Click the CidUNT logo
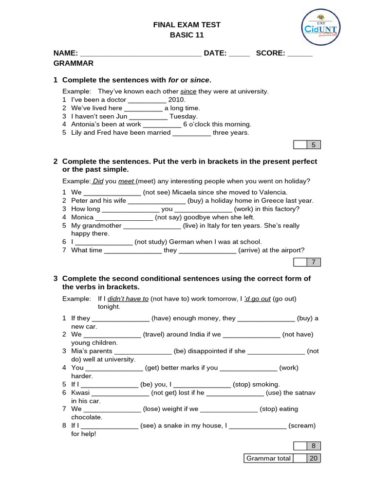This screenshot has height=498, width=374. (x=321, y=27)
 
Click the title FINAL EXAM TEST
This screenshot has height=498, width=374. (x=187, y=24)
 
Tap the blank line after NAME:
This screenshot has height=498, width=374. (x=140, y=53)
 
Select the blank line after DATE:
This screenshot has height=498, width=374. (x=239, y=53)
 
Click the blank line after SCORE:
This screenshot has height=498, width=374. (x=300, y=53)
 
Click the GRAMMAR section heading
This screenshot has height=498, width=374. (x=73, y=63)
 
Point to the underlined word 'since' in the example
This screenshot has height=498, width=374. (x=188, y=91)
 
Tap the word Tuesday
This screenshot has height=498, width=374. (x=184, y=116)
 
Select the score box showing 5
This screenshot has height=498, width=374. (x=314, y=144)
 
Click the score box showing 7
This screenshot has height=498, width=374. (x=314, y=263)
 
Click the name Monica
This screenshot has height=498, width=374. (x=82, y=217)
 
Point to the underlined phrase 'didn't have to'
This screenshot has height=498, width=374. (x=128, y=299)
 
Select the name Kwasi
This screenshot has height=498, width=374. (x=80, y=392)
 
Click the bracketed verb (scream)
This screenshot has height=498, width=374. (x=302, y=426)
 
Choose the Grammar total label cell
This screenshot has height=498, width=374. (x=268, y=458)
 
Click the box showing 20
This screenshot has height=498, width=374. (x=314, y=458)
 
